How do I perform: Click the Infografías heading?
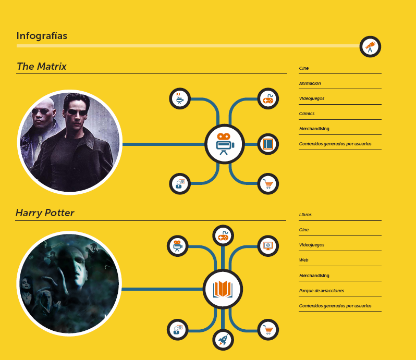tap(42, 36)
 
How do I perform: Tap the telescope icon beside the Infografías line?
tap(370, 47)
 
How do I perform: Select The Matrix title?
tap(41, 66)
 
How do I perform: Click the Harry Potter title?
tap(45, 213)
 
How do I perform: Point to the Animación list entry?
tap(310, 83)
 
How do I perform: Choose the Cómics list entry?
tap(307, 114)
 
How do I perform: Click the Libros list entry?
tap(305, 215)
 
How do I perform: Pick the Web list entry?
tap(303, 260)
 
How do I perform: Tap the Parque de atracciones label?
tap(322, 291)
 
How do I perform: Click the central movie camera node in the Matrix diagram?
tap(225, 144)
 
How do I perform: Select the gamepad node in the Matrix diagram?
tap(268, 98)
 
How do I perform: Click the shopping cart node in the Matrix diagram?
tap(268, 184)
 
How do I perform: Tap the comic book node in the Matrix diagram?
tap(268, 144)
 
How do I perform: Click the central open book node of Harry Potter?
tap(223, 289)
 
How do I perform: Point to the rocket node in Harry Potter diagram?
tap(223, 340)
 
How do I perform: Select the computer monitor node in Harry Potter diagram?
tap(268, 246)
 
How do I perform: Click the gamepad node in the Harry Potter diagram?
tap(223, 235)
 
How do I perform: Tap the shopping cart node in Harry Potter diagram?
tap(268, 329)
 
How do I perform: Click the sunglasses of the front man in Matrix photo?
tap(77, 112)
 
